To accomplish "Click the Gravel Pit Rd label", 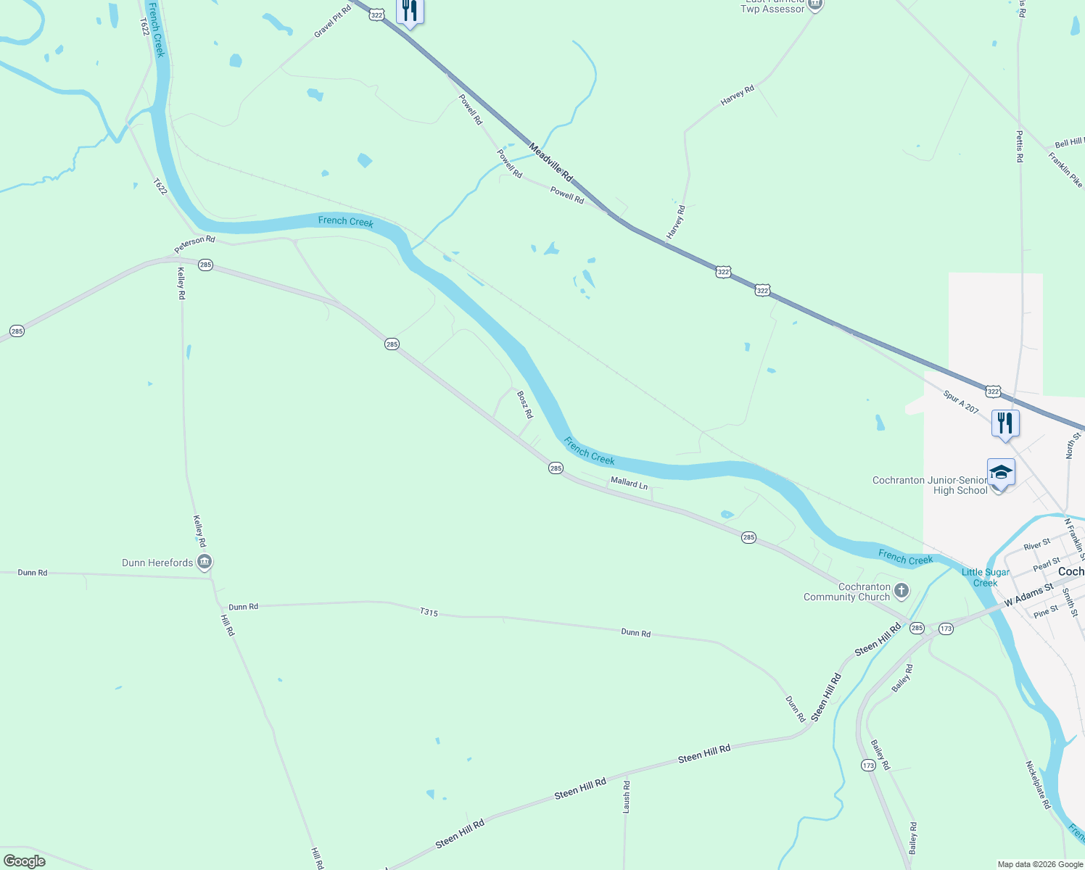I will [x=333, y=21].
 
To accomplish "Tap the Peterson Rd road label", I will [x=194, y=244].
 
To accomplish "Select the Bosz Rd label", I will [x=524, y=405].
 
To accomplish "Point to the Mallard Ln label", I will [x=629, y=483].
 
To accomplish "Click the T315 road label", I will [x=429, y=612].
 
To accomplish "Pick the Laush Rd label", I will [x=627, y=796].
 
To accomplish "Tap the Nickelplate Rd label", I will [x=1038, y=784].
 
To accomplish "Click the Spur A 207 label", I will [x=961, y=402].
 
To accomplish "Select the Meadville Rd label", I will [x=550, y=162].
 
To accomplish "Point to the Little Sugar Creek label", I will [x=985, y=578].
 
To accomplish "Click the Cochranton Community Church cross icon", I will [x=901, y=591].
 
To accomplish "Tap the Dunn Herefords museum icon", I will [x=205, y=562].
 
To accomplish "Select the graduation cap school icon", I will [x=1000, y=473].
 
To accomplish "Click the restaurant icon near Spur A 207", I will [x=1005, y=423].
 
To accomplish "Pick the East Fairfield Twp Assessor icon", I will [x=815, y=5].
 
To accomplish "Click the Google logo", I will [x=25, y=861].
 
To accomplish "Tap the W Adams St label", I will [x=1028, y=595].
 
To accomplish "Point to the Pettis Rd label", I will [x=1019, y=146].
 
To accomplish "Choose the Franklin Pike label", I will [x=1065, y=170].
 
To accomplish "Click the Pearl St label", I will [x=1047, y=563].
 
